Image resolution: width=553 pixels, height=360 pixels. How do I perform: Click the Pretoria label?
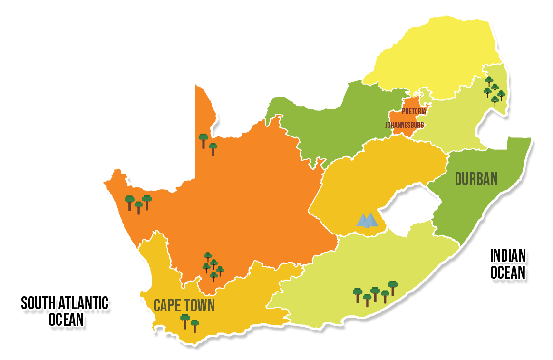(413, 111)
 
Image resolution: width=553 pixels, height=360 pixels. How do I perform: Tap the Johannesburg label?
(404, 125)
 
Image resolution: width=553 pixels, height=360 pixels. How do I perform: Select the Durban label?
(476, 179)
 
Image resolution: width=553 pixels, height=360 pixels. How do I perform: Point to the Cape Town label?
(184, 305)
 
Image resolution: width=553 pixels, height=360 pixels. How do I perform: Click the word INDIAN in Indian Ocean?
(508, 256)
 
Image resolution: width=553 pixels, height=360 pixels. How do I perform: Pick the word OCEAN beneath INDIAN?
(508, 272)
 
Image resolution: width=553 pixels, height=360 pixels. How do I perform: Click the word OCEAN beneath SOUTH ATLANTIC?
(66, 320)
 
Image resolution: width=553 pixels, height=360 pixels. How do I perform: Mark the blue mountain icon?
(367, 220)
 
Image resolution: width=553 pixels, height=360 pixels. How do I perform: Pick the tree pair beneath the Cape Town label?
(189, 322)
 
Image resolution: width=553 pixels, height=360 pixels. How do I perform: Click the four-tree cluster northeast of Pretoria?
(494, 90)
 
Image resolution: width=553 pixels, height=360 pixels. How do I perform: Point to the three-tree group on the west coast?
(138, 204)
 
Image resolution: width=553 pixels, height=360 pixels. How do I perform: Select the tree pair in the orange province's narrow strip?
(208, 143)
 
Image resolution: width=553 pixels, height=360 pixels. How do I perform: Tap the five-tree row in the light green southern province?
(375, 292)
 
